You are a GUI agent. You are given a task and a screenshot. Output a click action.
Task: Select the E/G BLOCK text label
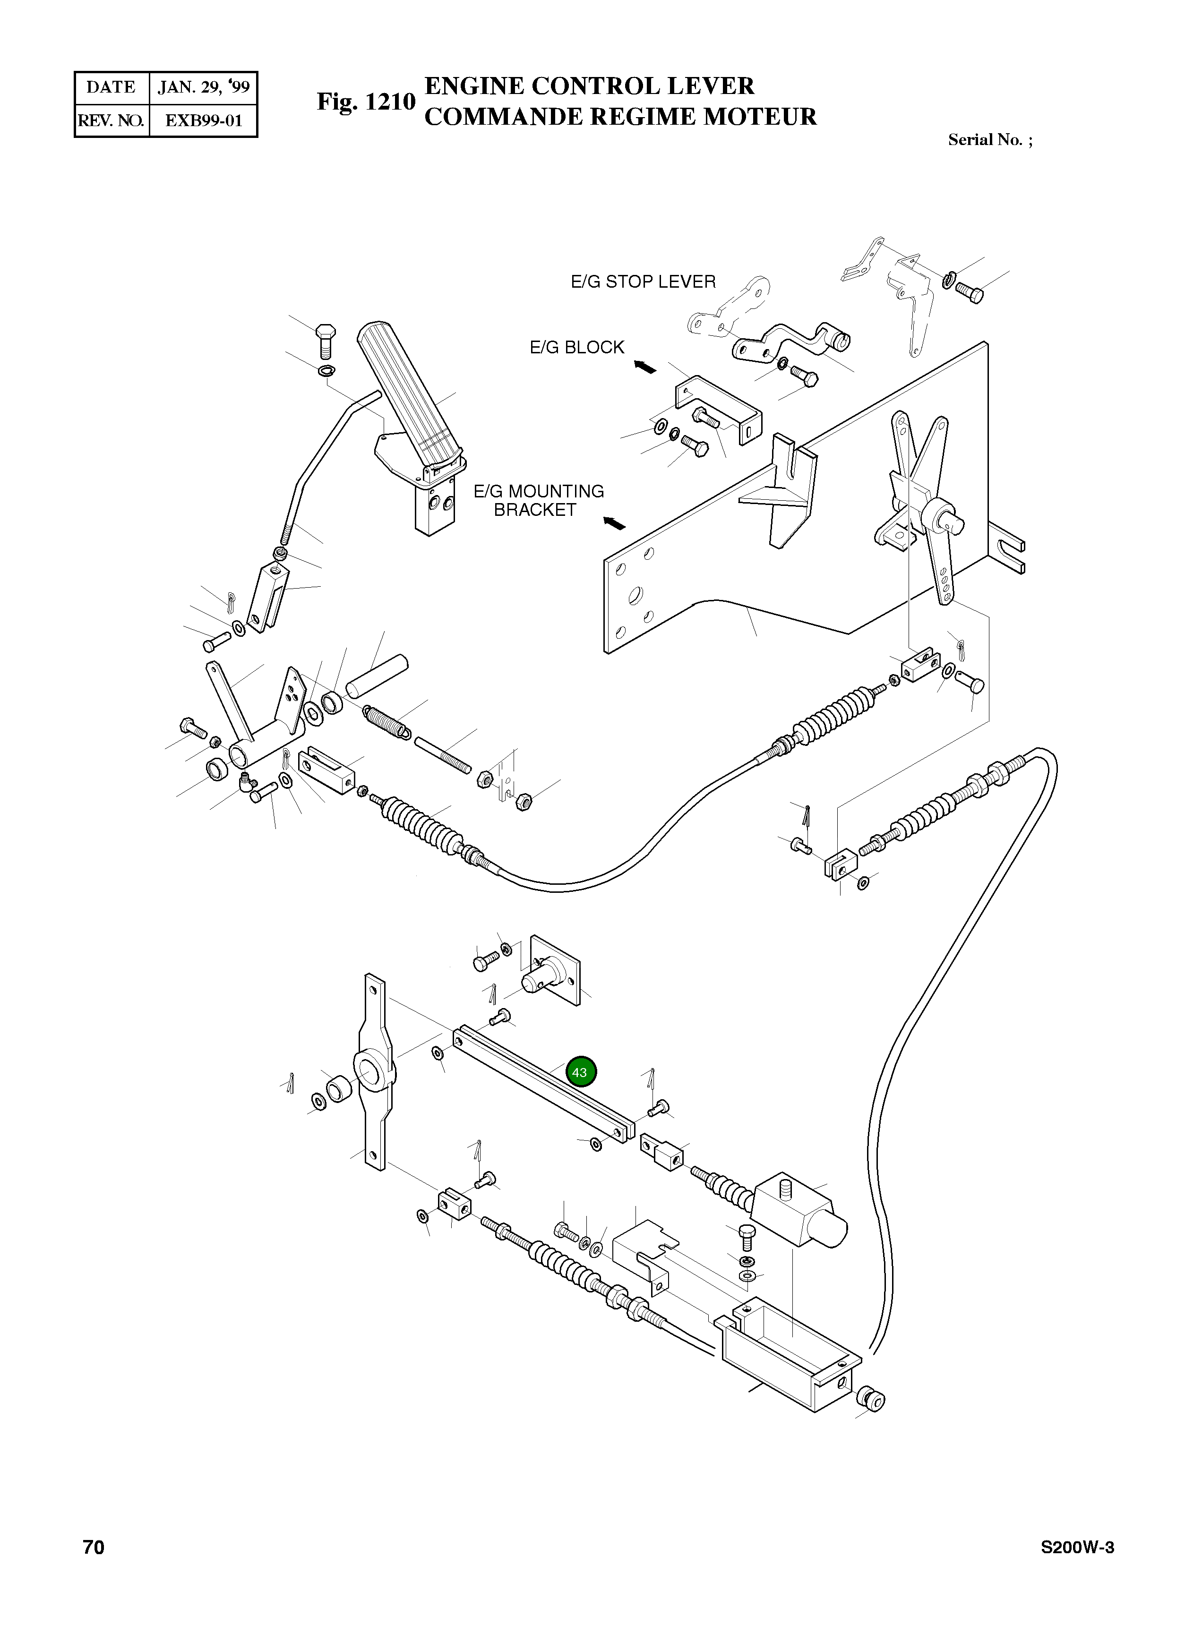tap(577, 347)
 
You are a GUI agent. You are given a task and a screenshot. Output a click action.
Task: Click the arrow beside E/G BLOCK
tap(645, 367)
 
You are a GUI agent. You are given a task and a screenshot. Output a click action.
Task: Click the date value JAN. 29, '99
tap(204, 87)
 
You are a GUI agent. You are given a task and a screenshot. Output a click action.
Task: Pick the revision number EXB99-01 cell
tap(204, 120)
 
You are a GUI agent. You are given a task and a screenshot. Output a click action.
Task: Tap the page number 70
tap(94, 1567)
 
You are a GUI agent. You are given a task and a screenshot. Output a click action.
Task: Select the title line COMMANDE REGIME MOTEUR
tap(620, 117)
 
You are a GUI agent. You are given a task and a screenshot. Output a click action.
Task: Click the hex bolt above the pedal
tap(326, 342)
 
